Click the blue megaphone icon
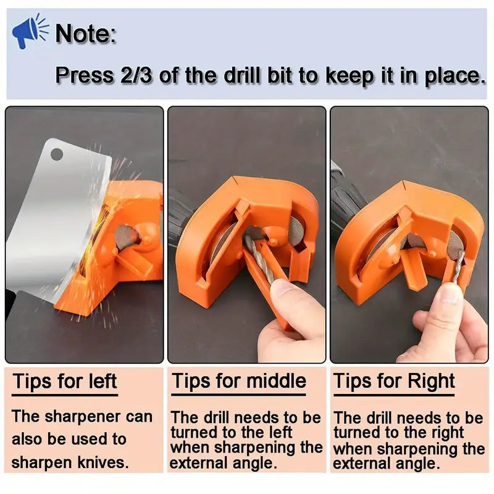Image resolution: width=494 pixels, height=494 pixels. tap(30, 31)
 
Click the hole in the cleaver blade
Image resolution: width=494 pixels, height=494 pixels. tap(57, 155)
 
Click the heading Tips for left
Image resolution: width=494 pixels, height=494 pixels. tap(65, 381)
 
